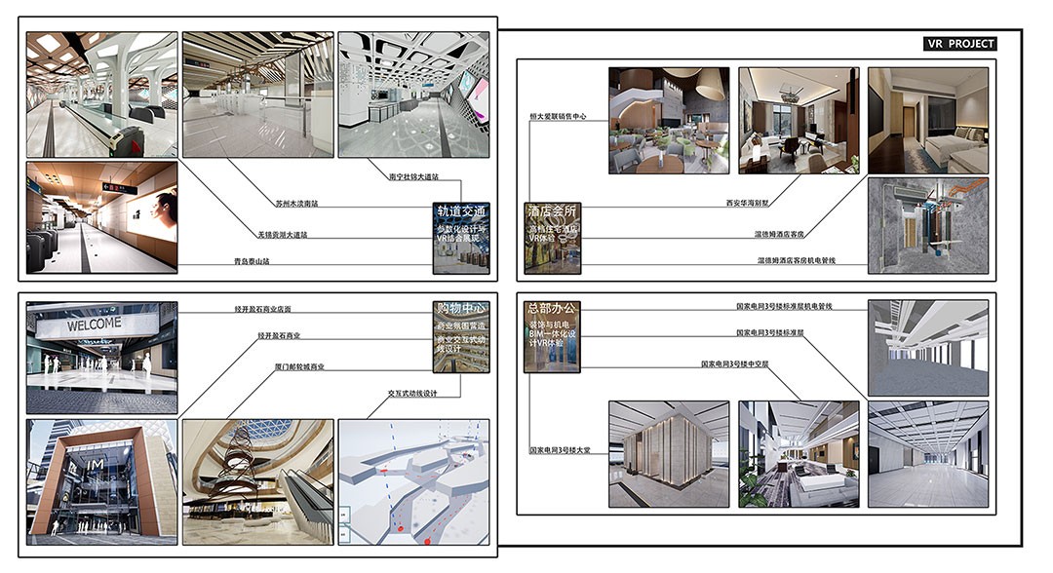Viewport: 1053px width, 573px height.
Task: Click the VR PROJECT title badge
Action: click(x=960, y=44)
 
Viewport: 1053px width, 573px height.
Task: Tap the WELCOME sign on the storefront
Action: click(x=94, y=324)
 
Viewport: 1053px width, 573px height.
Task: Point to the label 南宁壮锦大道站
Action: click(x=414, y=177)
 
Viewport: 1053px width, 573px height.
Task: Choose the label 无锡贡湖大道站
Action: click(x=283, y=234)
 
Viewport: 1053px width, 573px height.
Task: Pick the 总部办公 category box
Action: click(x=553, y=337)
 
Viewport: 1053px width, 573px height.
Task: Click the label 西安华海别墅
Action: click(x=747, y=204)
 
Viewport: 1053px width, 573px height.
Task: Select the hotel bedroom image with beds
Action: click(x=927, y=120)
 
